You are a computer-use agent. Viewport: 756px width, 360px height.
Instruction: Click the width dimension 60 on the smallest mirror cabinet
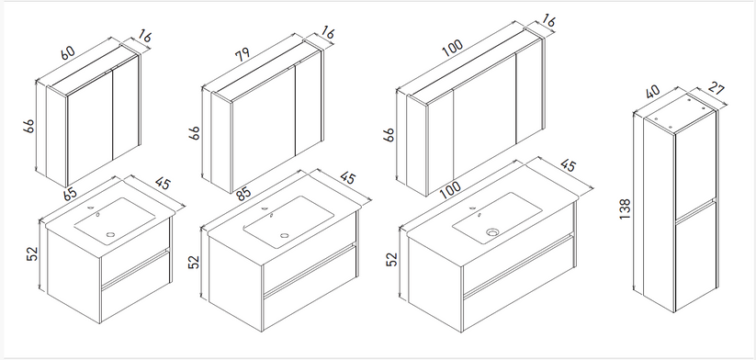pos(68,52)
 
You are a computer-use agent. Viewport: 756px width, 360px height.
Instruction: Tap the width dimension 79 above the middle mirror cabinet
pos(243,53)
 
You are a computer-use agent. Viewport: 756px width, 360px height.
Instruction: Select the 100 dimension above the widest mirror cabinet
pos(452,48)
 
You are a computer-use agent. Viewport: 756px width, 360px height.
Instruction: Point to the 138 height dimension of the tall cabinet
pos(625,209)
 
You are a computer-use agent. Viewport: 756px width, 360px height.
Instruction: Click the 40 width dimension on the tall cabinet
pos(653,92)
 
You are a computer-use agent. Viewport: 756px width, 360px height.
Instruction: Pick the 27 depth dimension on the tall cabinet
pos(717,89)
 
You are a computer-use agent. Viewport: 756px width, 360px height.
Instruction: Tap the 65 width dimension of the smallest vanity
pos(70,193)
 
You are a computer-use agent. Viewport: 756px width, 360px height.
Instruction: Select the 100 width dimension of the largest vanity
pos(451,189)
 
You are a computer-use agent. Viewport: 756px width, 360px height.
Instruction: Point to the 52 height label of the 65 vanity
pos(31,253)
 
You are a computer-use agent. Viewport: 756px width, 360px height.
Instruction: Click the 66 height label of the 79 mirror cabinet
pos(194,132)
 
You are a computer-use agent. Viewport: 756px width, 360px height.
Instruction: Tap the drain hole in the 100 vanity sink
pos(491,232)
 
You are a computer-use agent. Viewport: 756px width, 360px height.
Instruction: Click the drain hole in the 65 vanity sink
pos(110,235)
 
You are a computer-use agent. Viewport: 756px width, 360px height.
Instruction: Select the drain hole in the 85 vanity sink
pos(285,236)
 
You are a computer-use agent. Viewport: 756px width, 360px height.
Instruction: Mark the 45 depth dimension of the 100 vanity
pos(568,165)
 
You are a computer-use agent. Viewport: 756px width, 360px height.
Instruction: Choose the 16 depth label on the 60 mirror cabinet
pos(144,37)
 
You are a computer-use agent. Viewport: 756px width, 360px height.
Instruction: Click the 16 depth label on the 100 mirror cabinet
pos(548,21)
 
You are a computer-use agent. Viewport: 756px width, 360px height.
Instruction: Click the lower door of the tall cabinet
pos(695,256)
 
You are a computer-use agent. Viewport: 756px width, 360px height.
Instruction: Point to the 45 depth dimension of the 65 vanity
pos(163,184)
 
